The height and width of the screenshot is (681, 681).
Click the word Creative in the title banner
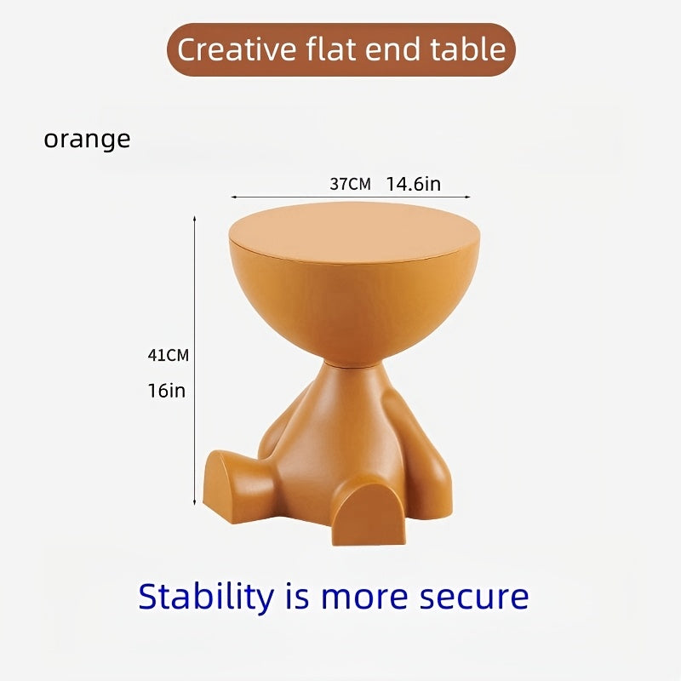233,49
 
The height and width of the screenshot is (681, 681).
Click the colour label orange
87,139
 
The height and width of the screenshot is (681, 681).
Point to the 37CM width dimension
350,184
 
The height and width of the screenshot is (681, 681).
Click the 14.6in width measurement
413,184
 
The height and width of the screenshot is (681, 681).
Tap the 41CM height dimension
168,356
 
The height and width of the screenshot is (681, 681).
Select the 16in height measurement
165,392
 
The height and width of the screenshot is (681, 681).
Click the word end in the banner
392,49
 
